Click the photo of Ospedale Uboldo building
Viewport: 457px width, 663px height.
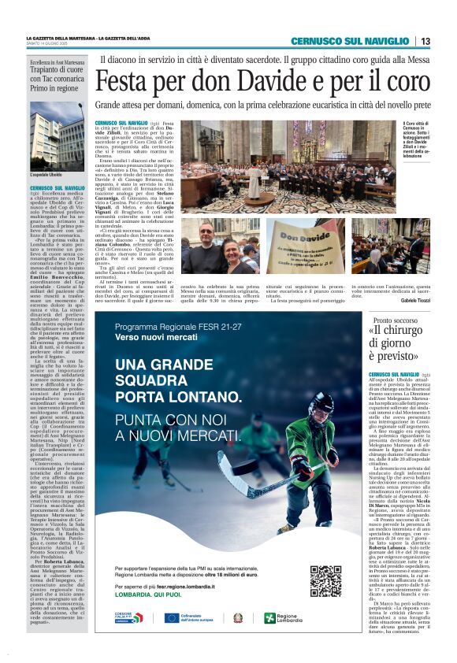coord(57,133)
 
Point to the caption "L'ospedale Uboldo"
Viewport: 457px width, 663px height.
coord(46,172)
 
